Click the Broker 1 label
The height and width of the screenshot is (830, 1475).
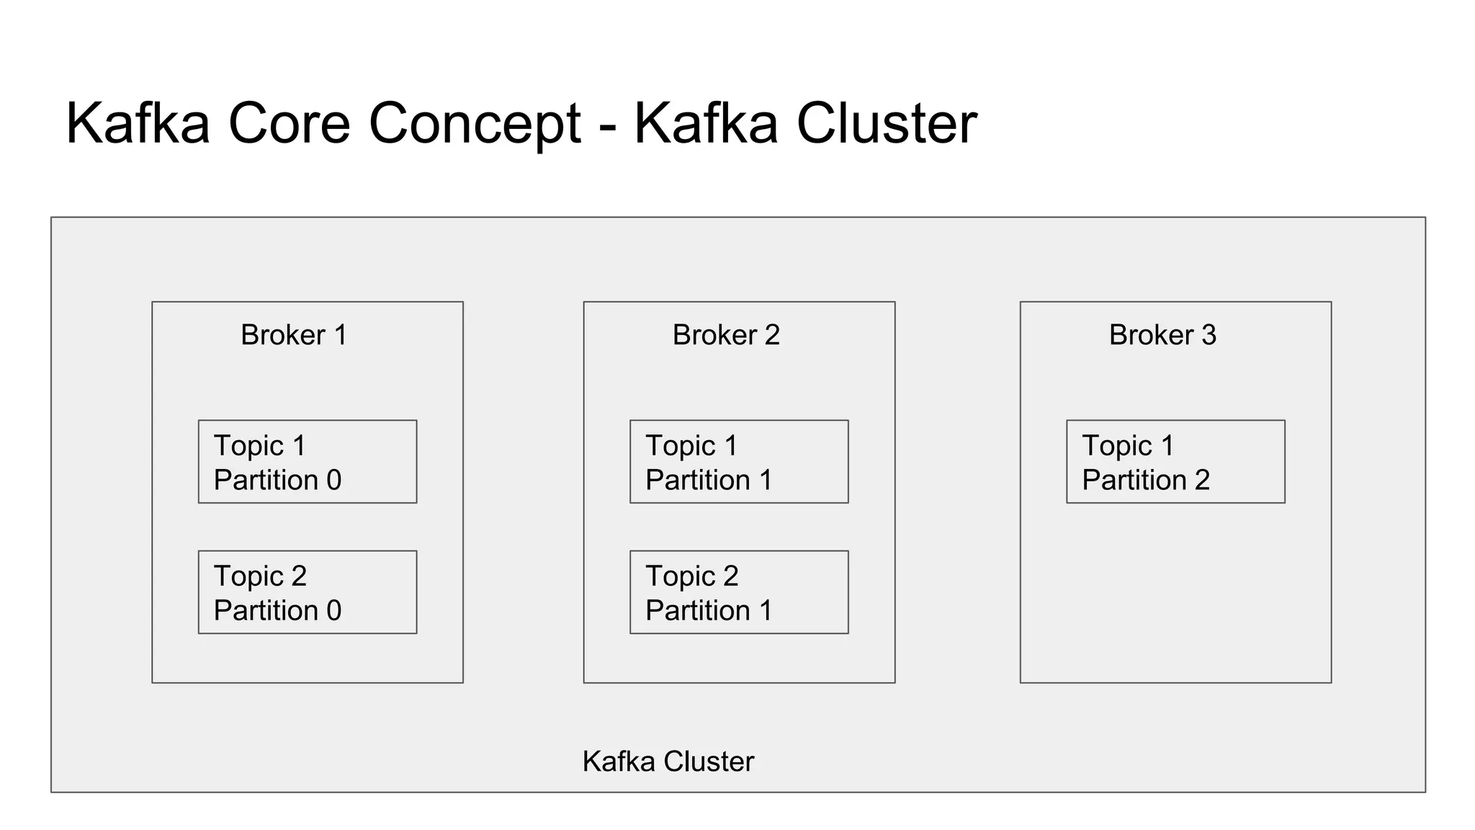point(294,335)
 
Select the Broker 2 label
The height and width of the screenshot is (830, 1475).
point(726,335)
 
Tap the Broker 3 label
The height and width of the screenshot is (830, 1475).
point(1162,335)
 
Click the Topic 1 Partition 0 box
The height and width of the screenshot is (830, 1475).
point(308,462)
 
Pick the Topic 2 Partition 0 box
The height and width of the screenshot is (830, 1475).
point(308,592)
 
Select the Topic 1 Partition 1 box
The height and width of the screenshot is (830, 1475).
point(739,462)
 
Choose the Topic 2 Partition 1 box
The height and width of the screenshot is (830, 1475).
point(739,592)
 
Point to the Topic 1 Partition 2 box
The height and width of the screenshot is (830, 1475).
point(1175,462)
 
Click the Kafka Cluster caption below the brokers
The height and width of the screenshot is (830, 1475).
point(668,762)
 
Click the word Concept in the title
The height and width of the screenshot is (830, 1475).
point(475,124)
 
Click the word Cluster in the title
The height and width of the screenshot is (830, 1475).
point(887,124)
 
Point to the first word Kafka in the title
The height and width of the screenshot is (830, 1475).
point(138,124)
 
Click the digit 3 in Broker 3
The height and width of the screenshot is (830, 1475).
point(1209,335)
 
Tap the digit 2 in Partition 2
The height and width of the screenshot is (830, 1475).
point(1201,481)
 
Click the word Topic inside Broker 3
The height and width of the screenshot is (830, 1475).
point(1116,446)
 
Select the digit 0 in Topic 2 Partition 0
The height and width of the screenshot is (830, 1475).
point(333,611)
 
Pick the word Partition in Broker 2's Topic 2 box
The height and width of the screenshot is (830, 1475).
point(698,611)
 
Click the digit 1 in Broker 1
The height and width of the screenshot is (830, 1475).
point(341,335)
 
